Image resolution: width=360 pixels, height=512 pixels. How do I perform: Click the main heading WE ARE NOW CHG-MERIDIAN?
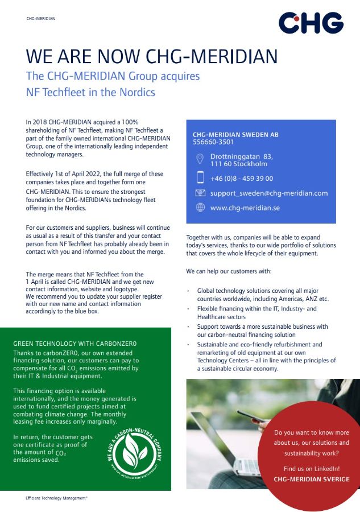[152, 56]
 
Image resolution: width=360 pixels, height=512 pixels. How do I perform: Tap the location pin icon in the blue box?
[200, 159]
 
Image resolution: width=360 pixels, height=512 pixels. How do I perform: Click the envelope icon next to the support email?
[200, 193]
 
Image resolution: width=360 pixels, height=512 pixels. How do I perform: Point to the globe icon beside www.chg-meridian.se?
[200, 208]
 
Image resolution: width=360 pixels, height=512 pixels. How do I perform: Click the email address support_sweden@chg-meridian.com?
[269, 193]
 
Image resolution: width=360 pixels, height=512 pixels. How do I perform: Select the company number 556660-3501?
[213, 142]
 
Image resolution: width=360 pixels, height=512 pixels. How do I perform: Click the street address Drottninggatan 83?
[242, 156]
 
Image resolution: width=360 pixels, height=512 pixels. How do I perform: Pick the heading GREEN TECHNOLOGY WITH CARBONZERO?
[75, 344]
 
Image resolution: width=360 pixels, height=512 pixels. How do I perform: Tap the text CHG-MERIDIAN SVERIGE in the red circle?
[312, 479]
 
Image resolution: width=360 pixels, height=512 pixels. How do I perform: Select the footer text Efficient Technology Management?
[56, 498]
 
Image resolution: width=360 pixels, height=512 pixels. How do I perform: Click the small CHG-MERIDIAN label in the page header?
[41, 18]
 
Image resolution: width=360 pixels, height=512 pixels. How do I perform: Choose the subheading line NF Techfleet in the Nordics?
[90, 92]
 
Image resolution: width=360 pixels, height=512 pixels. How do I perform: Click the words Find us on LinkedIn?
[312, 468]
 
